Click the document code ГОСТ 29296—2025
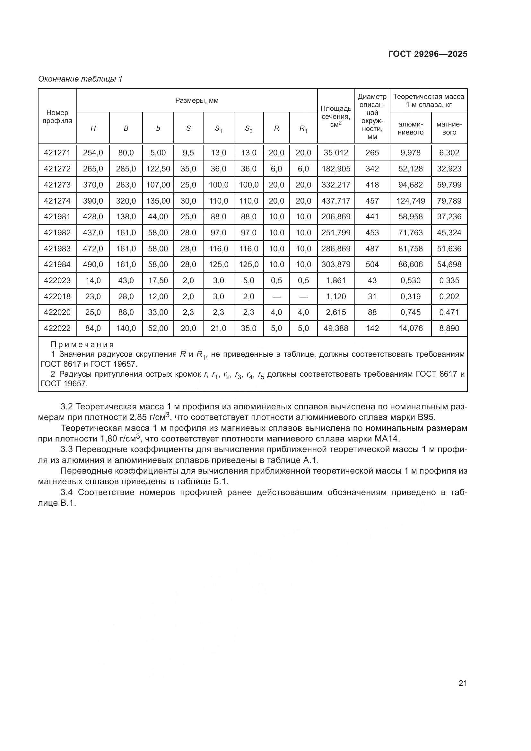[x=428, y=54]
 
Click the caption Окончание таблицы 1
[x=80, y=79]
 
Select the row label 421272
[x=57, y=169]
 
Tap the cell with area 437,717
[x=336, y=201]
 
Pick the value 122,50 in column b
[x=158, y=169]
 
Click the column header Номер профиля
[x=57, y=117]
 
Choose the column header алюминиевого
[x=411, y=128]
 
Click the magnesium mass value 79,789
[x=449, y=201]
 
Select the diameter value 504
[x=372, y=265]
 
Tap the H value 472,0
[x=93, y=249]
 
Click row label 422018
[x=57, y=297]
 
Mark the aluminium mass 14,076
[x=411, y=328]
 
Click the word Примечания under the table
[x=83, y=345]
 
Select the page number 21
[x=463, y=683]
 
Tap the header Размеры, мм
[x=197, y=100]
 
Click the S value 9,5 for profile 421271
[x=188, y=153]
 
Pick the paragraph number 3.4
[x=67, y=492]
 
